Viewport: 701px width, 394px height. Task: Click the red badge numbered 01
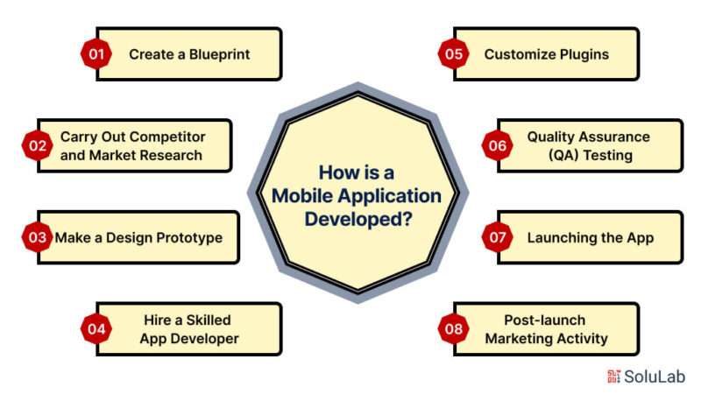96,54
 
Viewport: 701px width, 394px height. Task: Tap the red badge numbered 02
38,145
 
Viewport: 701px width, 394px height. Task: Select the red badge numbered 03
38,237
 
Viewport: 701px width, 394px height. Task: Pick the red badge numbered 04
96,329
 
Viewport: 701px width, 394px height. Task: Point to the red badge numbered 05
453,54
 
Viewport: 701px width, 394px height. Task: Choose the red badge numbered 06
497,145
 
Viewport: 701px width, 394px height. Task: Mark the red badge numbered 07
497,237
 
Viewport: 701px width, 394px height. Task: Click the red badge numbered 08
453,329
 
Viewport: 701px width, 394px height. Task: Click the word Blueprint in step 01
220,54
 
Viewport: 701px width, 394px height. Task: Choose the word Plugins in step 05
584,54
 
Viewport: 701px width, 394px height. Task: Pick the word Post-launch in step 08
544,320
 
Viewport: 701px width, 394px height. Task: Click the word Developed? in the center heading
358,220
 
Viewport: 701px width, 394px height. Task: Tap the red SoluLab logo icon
614,376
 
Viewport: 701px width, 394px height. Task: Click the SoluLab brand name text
655,376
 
